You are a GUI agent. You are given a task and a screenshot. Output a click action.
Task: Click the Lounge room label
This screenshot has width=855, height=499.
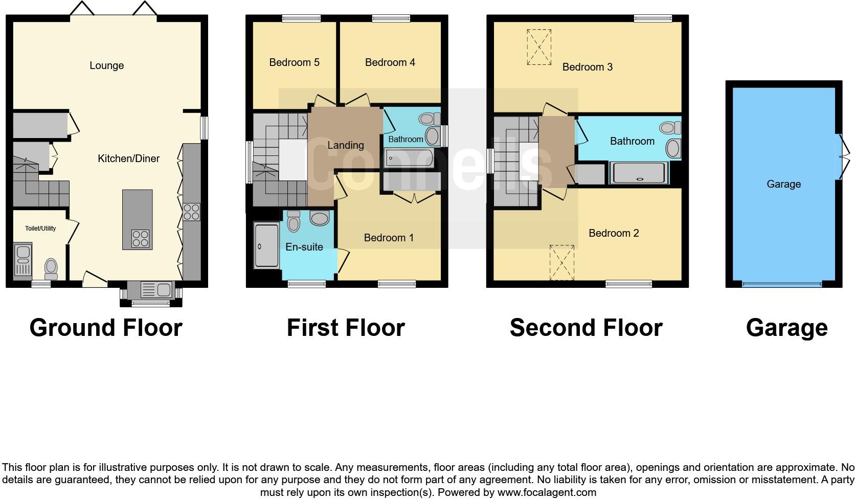tap(106, 65)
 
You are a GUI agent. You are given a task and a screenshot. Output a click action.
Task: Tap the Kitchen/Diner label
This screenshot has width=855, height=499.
tap(128, 158)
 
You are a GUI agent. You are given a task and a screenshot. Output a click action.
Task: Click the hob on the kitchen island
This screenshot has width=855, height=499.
tap(141, 238)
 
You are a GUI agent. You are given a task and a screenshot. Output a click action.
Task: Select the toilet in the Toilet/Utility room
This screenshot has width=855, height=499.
tap(51, 268)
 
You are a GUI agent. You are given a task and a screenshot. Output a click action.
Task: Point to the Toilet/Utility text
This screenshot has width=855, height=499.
tap(40, 229)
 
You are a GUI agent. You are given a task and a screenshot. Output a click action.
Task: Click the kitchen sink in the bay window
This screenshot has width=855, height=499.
tap(156, 290)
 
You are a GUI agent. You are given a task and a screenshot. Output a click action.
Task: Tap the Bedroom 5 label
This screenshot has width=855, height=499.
tap(294, 62)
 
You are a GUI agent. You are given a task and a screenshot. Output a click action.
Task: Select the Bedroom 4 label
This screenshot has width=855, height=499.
tap(390, 62)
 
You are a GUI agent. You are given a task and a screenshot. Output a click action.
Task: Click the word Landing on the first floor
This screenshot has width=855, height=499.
tap(345, 145)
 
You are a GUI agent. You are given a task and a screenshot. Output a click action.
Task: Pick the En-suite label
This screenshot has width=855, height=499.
tap(304, 247)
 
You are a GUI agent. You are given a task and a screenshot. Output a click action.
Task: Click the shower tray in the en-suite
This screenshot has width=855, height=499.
tap(266, 246)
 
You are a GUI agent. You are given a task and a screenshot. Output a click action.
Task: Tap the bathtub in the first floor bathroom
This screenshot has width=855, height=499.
tap(409, 158)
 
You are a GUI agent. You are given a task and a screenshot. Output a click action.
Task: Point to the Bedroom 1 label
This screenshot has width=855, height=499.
tap(388, 238)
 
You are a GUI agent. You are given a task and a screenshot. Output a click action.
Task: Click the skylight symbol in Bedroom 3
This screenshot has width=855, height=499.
tap(539, 47)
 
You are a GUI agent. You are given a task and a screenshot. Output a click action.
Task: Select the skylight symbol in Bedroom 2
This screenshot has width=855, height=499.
tap(562, 262)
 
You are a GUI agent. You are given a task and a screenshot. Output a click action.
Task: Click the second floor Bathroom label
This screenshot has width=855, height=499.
tap(632, 141)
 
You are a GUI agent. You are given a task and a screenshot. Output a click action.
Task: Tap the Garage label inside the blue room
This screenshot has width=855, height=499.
tap(783, 184)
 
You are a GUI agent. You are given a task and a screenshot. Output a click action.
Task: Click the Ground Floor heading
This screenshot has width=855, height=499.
tap(106, 328)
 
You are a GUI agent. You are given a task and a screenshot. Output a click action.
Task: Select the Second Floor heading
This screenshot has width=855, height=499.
tap(586, 328)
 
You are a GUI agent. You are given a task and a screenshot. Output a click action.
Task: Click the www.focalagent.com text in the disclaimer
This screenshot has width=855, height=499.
tap(547, 492)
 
